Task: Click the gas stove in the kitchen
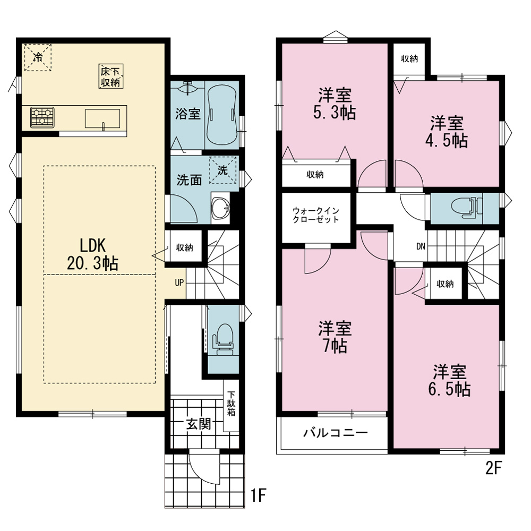(x=42, y=117)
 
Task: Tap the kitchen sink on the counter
(x=102, y=119)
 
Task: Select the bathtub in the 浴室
(x=221, y=115)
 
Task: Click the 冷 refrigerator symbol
(x=38, y=57)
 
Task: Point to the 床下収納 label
(x=111, y=76)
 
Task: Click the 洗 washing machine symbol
(x=222, y=170)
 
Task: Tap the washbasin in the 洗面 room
(x=220, y=207)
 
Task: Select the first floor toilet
(x=223, y=339)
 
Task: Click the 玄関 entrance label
(x=199, y=424)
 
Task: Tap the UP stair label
(x=179, y=282)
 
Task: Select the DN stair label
(x=421, y=246)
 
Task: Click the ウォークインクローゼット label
(x=316, y=215)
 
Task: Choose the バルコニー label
(x=335, y=432)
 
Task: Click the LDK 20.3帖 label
(x=92, y=254)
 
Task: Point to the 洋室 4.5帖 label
(x=447, y=131)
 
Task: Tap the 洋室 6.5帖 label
(x=449, y=380)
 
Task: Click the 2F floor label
(x=493, y=468)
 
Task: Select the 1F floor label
(x=259, y=495)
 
